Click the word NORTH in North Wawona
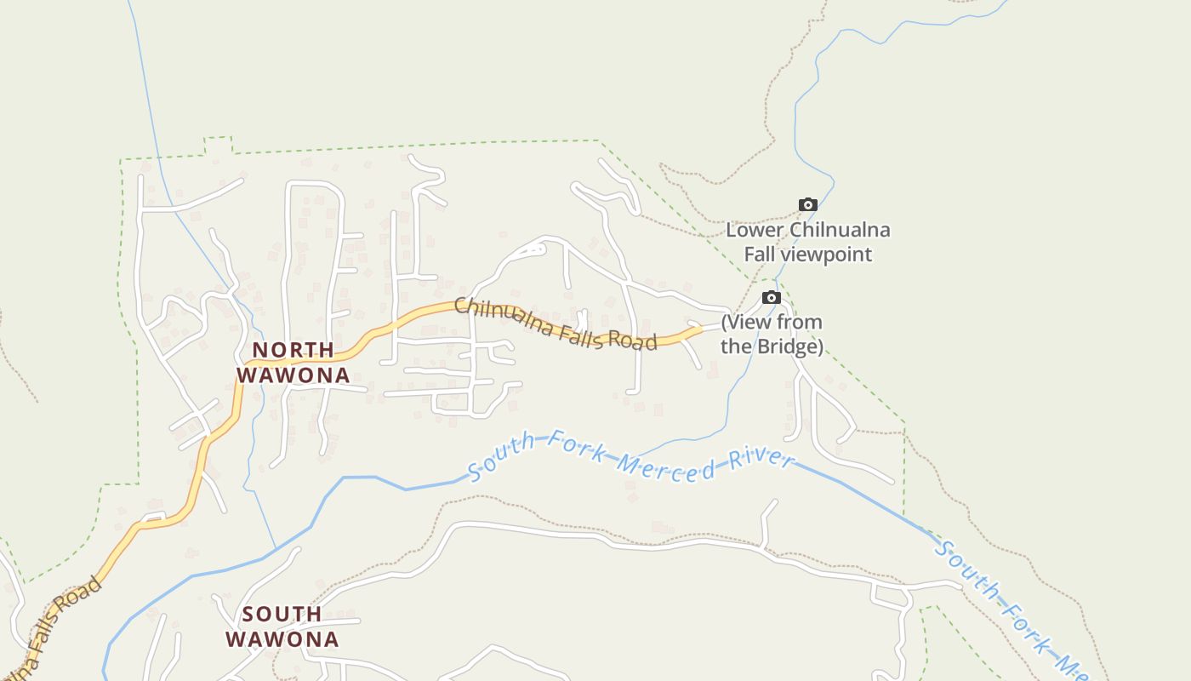(x=293, y=350)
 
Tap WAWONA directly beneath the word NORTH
(x=293, y=375)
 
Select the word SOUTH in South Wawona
(x=282, y=614)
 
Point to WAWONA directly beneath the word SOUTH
(x=282, y=639)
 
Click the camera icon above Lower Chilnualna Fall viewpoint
(x=808, y=204)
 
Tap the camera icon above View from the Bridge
(x=772, y=297)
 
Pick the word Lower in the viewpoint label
(x=755, y=230)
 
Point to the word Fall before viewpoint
(x=761, y=254)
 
